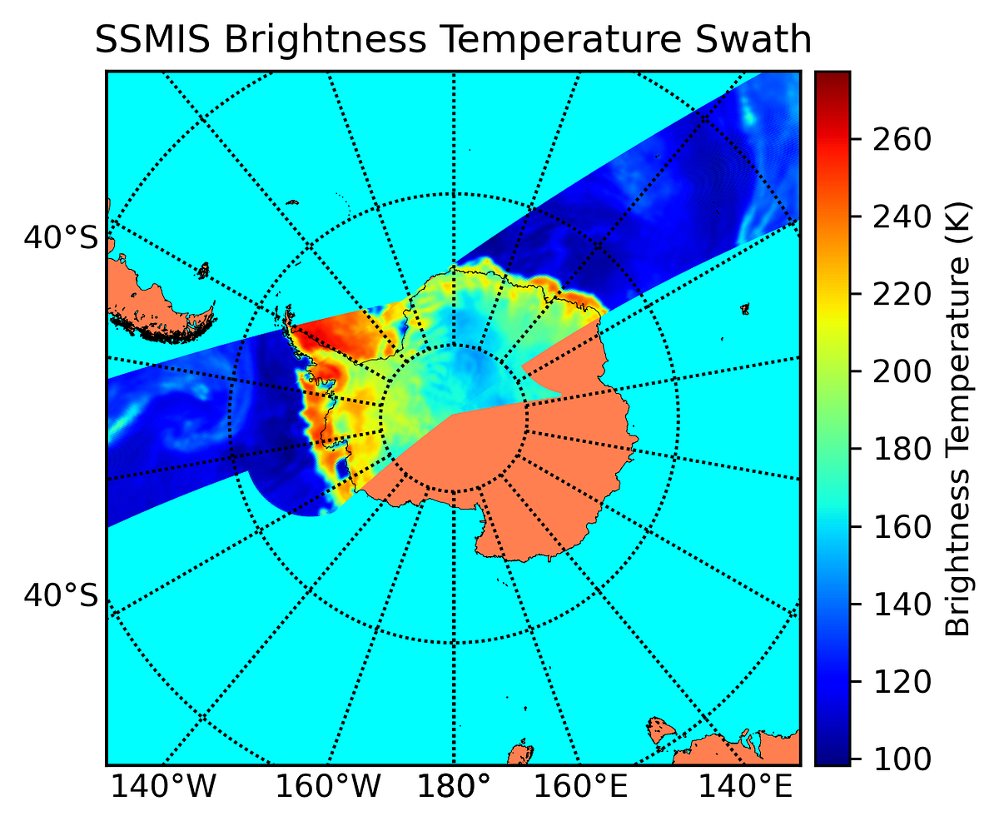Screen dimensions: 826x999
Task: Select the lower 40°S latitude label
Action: point(61,595)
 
